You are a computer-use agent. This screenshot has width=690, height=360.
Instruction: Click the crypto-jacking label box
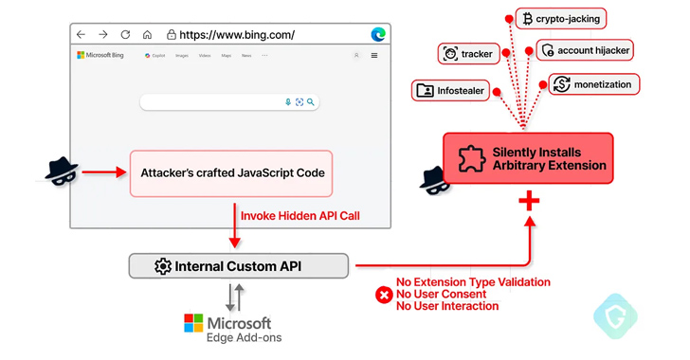click(x=560, y=19)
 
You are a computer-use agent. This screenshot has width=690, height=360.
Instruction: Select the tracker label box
click(x=468, y=54)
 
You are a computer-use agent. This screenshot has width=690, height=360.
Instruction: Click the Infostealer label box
click(x=450, y=91)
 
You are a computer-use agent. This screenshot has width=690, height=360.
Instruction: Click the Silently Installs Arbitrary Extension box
click(x=528, y=158)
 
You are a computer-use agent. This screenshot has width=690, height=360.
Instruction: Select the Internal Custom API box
click(x=238, y=266)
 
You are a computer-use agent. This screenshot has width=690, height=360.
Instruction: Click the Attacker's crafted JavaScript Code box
click(x=231, y=173)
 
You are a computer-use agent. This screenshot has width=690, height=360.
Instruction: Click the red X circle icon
click(x=384, y=295)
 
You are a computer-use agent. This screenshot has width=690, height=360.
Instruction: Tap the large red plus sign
click(x=529, y=201)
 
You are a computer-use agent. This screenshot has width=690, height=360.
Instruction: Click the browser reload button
click(x=125, y=35)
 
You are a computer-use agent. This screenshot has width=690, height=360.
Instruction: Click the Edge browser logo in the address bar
click(x=378, y=35)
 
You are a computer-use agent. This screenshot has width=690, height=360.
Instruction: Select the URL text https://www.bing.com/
click(x=236, y=35)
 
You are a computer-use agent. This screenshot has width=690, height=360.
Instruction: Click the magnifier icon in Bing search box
click(x=310, y=101)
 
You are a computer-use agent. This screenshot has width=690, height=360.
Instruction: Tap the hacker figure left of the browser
click(x=62, y=171)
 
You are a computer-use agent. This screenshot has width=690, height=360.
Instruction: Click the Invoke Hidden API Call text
click(x=300, y=216)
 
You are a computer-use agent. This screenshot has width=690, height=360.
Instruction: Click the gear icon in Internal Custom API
click(x=162, y=266)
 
